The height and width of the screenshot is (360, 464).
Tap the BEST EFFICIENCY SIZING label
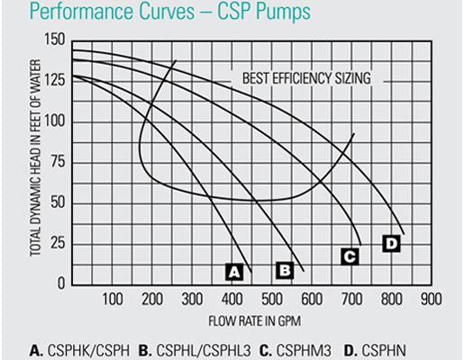(x=306, y=78)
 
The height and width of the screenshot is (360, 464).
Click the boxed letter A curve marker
(x=233, y=271)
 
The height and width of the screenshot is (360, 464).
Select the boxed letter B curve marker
(x=285, y=269)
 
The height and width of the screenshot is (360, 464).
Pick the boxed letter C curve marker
(x=350, y=256)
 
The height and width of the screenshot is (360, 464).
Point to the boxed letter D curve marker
(x=390, y=243)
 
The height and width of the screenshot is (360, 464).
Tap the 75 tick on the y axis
(x=58, y=163)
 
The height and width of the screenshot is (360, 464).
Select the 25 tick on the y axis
(x=58, y=244)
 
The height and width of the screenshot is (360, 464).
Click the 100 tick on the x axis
(x=112, y=300)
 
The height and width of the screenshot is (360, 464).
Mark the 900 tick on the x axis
(x=429, y=300)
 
